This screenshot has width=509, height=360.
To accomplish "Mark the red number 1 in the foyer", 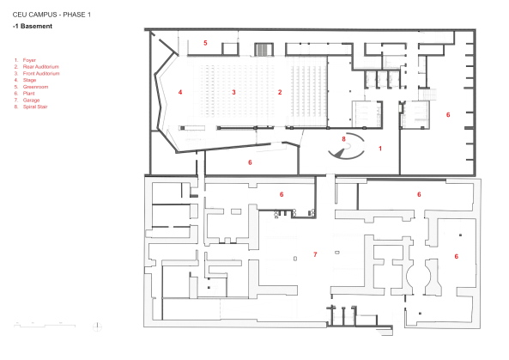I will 380,149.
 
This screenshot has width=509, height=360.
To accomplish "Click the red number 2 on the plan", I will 279,91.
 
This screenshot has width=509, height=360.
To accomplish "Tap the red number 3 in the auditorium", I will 233,91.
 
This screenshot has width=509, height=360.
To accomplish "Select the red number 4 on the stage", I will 180,91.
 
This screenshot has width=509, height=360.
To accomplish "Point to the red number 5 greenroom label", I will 205,42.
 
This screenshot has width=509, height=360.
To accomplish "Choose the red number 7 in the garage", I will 315,254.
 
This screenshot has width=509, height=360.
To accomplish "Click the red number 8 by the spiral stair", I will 344,137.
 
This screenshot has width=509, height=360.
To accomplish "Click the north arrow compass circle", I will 96,326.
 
